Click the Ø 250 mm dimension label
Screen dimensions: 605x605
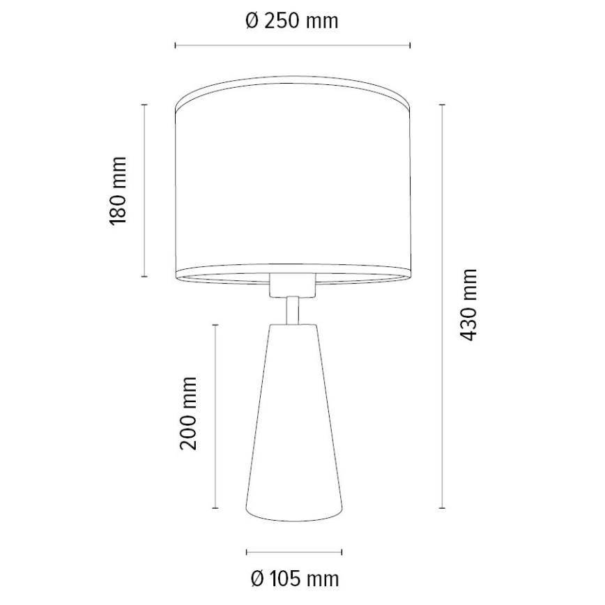(x=292, y=21)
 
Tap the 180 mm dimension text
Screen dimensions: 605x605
(x=118, y=190)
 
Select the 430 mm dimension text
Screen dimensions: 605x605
(x=470, y=304)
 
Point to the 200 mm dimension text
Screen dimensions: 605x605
(x=188, y=413)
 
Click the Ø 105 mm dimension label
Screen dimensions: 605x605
(x=293, y=578)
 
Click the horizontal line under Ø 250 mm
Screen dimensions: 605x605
(x=292, y=46)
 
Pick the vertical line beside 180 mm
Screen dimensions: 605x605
(x=144, y=190)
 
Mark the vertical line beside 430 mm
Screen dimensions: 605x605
(x=442, y=305)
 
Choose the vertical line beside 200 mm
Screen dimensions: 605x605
(x=215, y=415)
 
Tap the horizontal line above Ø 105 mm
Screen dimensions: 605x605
(x=294, y=552)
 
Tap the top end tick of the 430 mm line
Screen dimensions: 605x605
(x=442, y=105)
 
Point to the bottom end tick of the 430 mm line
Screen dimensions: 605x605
(x=442, y=507)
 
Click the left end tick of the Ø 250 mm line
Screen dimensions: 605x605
(x=175, y=46)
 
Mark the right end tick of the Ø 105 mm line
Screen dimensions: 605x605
(x=342, y=552)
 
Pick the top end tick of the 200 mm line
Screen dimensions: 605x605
(x=215, y=325)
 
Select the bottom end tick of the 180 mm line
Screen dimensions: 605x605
(x=144, y=276)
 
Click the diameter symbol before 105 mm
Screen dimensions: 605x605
(x=255, y=578)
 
